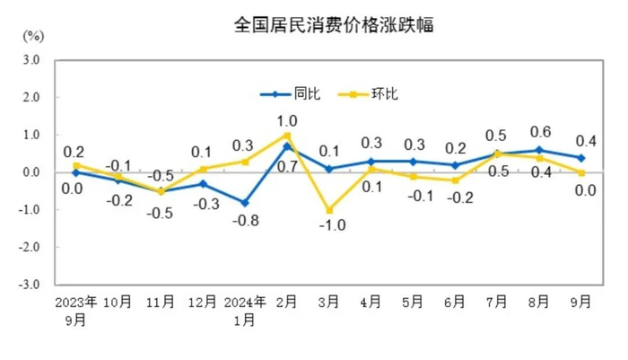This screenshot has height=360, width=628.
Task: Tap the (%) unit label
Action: point(33,36)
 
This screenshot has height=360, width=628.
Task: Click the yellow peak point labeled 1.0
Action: point(287,135)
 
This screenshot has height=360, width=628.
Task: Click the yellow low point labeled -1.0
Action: point(328,210)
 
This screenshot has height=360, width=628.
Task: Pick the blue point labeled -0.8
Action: point(244,202)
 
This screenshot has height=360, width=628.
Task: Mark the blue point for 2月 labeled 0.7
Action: point(287,145)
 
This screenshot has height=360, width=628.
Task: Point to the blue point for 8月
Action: point(538,150)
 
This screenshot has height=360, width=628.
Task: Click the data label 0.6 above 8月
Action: point(540,131)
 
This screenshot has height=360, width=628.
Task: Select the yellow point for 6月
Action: point(455,180)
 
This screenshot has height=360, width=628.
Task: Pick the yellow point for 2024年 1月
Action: point(244,162)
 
